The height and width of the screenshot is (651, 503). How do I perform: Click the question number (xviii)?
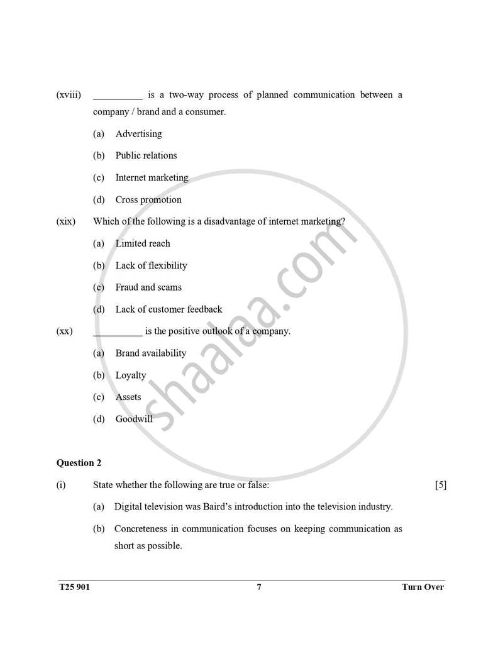(x=69, y=95)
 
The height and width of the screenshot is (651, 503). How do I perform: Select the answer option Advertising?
(x=138, y=134)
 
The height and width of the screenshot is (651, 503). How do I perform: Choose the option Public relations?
(x=146, y=155)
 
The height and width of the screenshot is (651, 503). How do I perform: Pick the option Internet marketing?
(x=152, y=177)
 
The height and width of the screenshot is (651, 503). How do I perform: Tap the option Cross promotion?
(x=148, y=200)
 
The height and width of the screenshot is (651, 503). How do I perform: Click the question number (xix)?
(x=66, y=221)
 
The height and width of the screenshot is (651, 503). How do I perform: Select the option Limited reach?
(x=143, y=243)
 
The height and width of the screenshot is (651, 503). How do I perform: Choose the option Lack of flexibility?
(x=151, y=265)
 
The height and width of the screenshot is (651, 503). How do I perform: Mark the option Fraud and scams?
(x=148, y=287)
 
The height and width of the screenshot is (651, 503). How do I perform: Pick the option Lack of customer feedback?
(x=169, y=309)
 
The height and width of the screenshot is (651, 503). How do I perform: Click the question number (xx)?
(x=65, y=331)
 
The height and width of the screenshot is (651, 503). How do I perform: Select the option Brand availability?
(x=151, y=353)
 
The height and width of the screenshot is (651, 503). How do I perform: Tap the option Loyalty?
(x=131, y=376)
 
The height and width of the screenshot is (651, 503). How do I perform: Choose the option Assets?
(x=128, y=397)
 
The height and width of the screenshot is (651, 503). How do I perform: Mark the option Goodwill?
(x=134, y=419)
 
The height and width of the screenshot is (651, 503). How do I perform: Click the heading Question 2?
(x=79, y=463)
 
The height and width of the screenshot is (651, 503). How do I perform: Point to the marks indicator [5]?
(x=440, y=485)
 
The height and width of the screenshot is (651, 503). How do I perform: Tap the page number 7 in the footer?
(x=259, y=587)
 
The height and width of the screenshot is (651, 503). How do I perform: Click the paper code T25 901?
(x=74, y=587)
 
